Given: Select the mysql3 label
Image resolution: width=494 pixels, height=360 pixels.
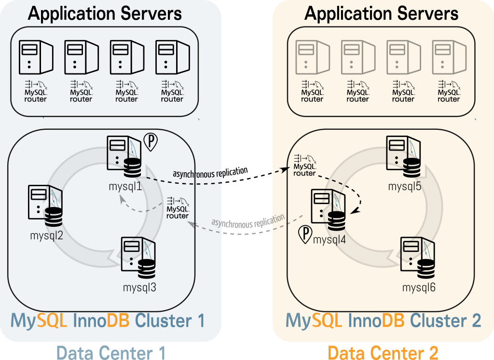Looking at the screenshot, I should tap(139, 288).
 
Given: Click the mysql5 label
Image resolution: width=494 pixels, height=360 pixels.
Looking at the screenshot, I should tap(405, 186).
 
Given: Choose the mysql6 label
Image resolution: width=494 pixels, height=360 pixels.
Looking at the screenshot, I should tap(419, 288).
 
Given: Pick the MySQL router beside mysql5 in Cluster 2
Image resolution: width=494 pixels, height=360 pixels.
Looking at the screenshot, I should tap(305, 166).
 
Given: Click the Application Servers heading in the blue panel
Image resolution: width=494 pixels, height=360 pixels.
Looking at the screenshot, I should tap(105, 13).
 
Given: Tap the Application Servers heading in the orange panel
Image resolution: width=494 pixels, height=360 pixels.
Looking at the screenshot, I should tap(381, 13).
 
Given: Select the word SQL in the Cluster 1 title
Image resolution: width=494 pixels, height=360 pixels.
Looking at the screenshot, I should tap(52, 320).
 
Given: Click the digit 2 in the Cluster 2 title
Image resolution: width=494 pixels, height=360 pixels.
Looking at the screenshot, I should tap(475, 320).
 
